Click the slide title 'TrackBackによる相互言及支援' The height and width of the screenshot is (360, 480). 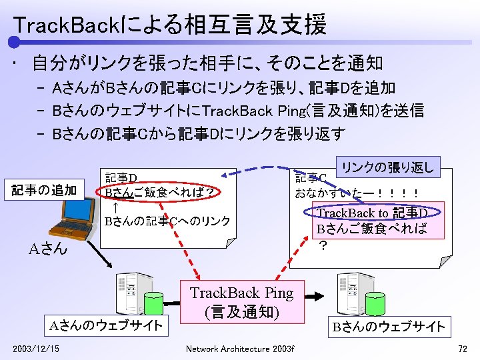pos(170,25)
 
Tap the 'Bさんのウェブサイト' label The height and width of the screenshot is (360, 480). pos(389,326)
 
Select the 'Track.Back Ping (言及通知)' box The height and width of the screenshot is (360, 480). pos(241,302)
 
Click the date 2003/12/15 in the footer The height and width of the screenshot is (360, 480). pos(35,349)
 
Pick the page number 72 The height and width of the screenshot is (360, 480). pos(463,349)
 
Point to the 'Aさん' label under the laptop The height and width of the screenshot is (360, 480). pos(48,249)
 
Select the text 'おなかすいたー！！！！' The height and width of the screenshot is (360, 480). pos(357,194)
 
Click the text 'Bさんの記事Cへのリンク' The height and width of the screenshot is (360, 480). pos(167,221)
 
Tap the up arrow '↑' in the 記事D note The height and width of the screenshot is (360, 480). pos(109,207)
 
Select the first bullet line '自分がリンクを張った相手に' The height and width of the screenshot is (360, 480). pos(207,63)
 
